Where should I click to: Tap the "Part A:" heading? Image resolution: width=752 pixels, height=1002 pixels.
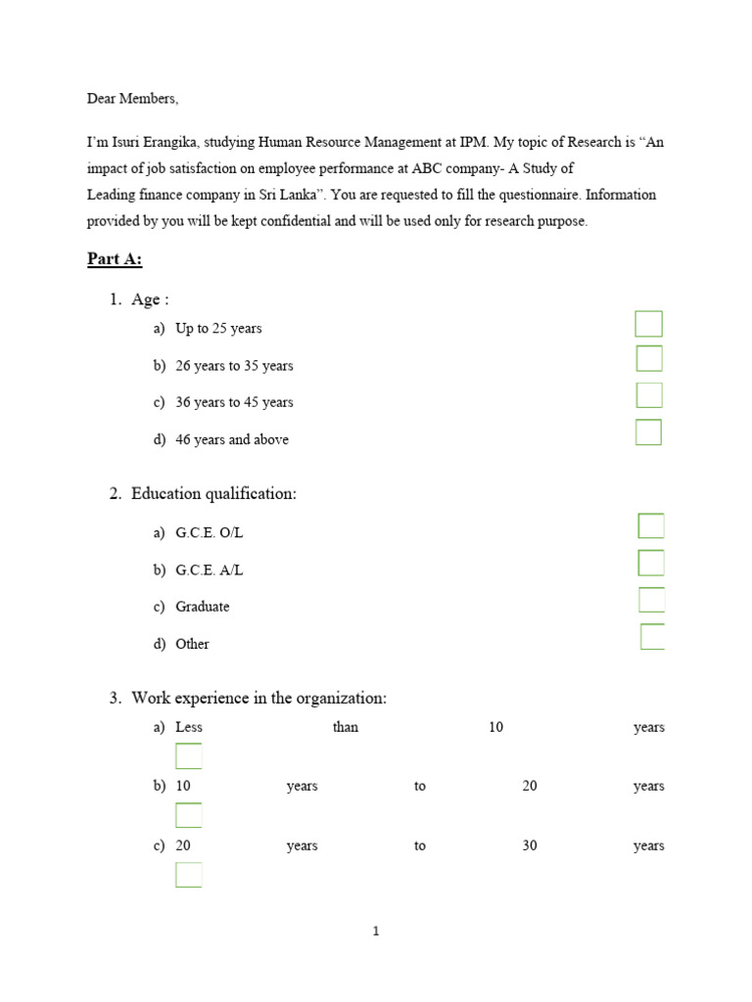pyautogui.click(x=115, y=259)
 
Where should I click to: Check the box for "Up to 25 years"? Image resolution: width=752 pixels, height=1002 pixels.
pyautogui.click(x=648, y=324)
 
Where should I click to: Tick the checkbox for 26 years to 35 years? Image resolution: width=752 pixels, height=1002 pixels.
pyautogui.click(x=649, y=358)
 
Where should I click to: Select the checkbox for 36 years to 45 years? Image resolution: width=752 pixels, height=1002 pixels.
pyautogui.click(x=649, y=395)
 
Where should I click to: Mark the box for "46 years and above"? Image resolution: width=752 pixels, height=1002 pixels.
pyautogui.click(x=648, y=433)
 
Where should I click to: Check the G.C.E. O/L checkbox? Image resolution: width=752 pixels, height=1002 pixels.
pyautogui.click(x=651, y=526)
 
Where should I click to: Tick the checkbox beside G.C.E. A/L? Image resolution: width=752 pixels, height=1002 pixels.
pyautogui.click(x=651, y=563)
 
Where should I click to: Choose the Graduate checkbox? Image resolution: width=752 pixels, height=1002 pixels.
pyautogui.click(x=651, y=600)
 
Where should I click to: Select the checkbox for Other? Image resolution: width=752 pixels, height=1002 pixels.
pyautogui.click(x=652, y=637)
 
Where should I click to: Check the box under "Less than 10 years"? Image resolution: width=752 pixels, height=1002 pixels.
pyautogui.click(x=189, y=756)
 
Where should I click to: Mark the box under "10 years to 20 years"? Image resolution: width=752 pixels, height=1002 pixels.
pyautogui.click(x=189, y=815)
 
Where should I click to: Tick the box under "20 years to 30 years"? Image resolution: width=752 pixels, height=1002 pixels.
pyautogui.click(x=189, y=875)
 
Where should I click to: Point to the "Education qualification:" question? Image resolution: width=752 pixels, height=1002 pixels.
pyautogui.click(x=213, y=494)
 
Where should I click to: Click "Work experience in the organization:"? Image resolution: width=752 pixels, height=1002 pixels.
pyautogui.click(x=258, y=698)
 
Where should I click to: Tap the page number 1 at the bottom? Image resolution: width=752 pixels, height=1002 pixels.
pyautogui.click(x=376, y=932)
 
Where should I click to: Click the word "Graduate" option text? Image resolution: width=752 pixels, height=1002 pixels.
pyautogui.click(x=203, y=607)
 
